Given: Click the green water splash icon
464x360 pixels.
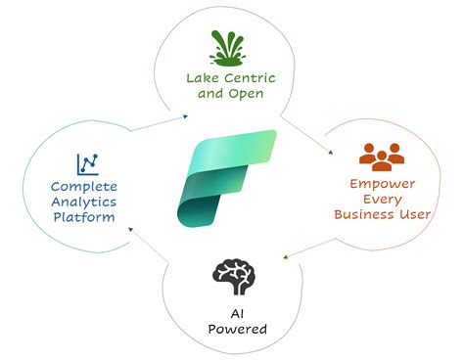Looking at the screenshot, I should tap(231, 45).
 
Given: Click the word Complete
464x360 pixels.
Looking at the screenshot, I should tap(86, 188).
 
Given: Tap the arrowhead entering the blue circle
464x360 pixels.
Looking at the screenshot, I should tap(136, 228).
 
